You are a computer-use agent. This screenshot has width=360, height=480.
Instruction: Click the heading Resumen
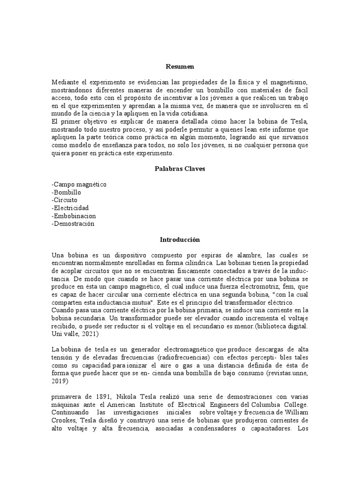[x=180, y=67]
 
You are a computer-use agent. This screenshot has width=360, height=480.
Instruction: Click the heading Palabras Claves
[x=180, y=169]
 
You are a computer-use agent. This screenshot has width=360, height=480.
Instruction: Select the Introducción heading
[x=180, y=240]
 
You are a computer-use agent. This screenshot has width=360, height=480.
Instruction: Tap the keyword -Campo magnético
[x=79, y=184]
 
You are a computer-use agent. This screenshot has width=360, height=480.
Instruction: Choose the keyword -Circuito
[x=65, y=200]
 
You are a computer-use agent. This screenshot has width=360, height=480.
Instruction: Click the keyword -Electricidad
[x=70, y=208]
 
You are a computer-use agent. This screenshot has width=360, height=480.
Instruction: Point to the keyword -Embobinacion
[x=74, y=216]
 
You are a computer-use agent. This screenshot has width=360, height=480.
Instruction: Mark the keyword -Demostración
[x=73, y=224]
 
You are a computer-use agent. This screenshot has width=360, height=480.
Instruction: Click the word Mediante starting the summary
[x=64, y=82]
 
